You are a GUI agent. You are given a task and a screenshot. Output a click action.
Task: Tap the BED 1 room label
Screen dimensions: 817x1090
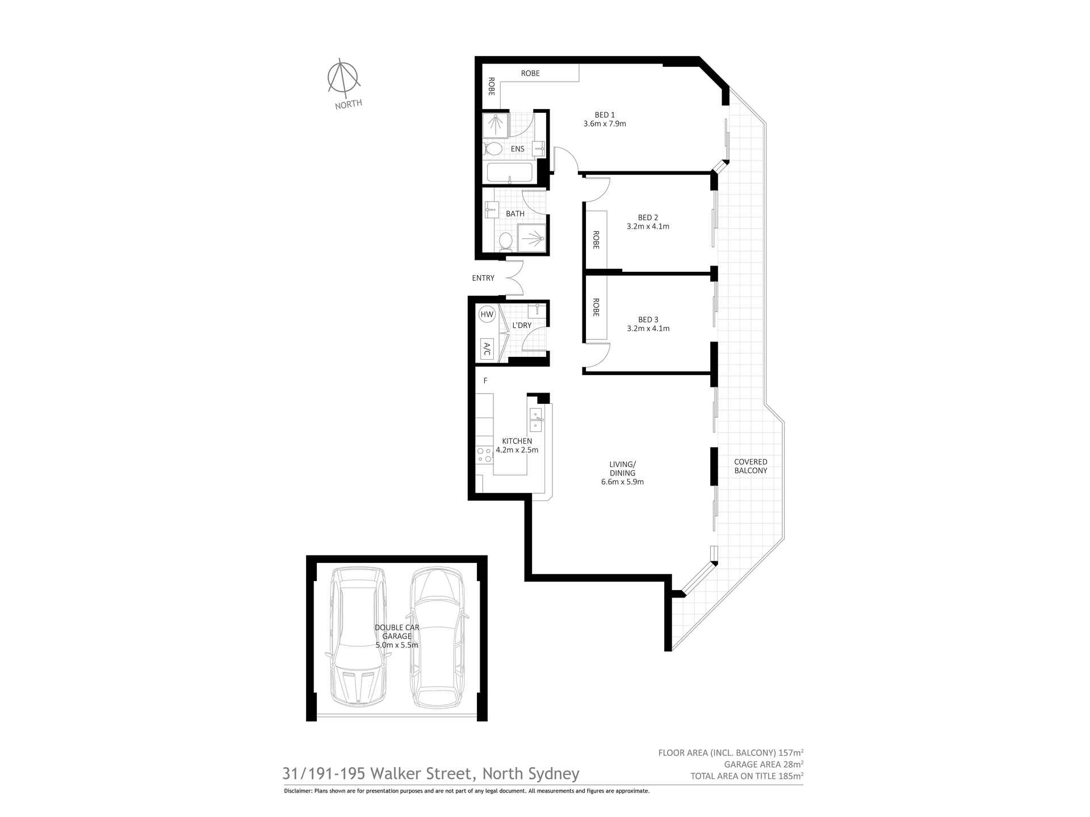[x=605, y=115]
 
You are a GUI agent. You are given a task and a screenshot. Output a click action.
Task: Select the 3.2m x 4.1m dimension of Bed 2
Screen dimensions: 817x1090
[x=648, y=226]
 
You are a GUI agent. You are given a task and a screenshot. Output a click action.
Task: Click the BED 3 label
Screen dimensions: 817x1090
[x=648, y=319]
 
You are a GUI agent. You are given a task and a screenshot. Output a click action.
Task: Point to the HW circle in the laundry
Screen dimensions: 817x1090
[x=487, y=314]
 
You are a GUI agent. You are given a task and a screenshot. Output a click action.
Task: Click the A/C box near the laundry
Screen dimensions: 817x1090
[x=487, y=349]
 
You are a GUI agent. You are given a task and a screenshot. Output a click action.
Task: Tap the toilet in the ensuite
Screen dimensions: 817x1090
[x=493, y=149]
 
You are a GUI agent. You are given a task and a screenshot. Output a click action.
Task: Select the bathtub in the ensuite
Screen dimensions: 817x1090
[x=509, y=172]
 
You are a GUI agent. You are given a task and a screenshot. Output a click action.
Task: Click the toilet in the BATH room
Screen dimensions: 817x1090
[x=505, y=242]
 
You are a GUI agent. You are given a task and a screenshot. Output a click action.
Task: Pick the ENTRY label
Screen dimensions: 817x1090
[x=483, y=278]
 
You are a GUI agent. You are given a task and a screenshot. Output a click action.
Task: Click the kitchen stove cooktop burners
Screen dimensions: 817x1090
[x=484, y=454]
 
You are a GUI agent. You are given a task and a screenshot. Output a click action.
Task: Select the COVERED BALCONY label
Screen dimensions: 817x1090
[x=751, y=466]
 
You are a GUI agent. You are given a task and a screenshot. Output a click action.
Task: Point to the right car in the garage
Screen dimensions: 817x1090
[x=437, y=637]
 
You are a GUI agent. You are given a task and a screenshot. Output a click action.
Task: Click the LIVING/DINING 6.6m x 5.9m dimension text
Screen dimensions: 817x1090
[x=622, y=482]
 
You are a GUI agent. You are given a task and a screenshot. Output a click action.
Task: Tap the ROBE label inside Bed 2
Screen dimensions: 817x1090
[x=596, y=239]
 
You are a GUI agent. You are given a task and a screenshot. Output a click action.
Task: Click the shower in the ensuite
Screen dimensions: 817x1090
[x=496, y=125]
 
